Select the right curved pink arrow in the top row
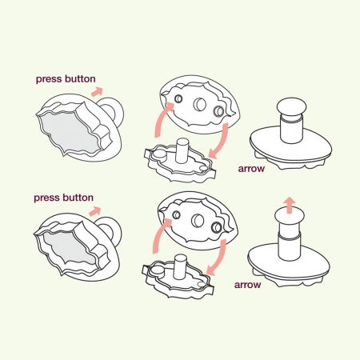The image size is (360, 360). coord(223,138)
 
